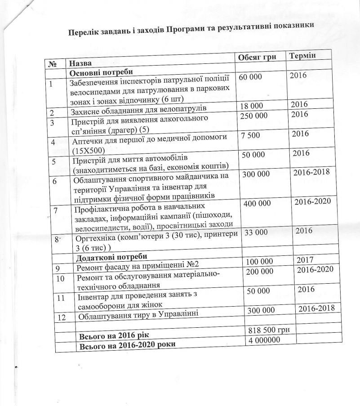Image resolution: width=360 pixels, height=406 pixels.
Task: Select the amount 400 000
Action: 257,203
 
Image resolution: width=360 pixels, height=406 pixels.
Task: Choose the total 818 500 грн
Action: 268,330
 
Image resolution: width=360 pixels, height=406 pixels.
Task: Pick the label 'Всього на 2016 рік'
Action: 116,335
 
